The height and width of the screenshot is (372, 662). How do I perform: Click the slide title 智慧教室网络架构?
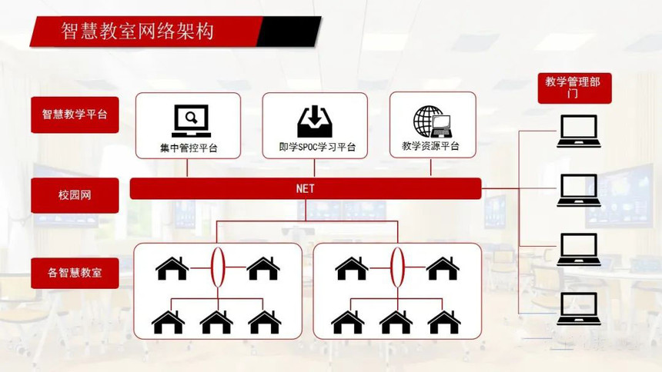[138, 32]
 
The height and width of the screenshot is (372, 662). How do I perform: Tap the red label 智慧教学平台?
[75, 115]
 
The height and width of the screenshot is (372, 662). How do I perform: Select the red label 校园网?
[75, 195]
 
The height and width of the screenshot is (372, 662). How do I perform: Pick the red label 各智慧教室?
[75, 273]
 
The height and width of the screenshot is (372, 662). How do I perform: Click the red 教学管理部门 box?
[574, 88]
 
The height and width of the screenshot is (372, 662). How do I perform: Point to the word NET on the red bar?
[306, 188]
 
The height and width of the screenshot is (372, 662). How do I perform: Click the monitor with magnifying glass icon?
[191, 121]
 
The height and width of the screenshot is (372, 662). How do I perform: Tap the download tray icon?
[315, 121]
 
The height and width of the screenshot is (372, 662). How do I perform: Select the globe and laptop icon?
[433, 121]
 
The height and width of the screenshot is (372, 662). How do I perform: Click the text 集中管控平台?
[189, 148]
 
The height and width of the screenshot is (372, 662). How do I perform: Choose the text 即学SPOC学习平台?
[317, 148]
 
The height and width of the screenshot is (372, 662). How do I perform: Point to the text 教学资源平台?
[430, 146]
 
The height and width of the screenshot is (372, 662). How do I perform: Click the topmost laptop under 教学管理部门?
[578, 131]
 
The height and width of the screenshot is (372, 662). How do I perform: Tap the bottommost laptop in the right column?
[578, 309]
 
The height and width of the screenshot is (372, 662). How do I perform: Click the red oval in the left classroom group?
[218, 267]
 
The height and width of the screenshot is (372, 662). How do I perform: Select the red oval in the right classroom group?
[397, 267]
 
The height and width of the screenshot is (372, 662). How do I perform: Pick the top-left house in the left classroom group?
[172, 268]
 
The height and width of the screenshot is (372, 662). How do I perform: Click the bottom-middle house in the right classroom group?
[396, 322]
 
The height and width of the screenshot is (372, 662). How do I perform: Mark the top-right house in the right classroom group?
[443, 268]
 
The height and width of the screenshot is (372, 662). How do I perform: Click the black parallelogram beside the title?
[289, 32]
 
